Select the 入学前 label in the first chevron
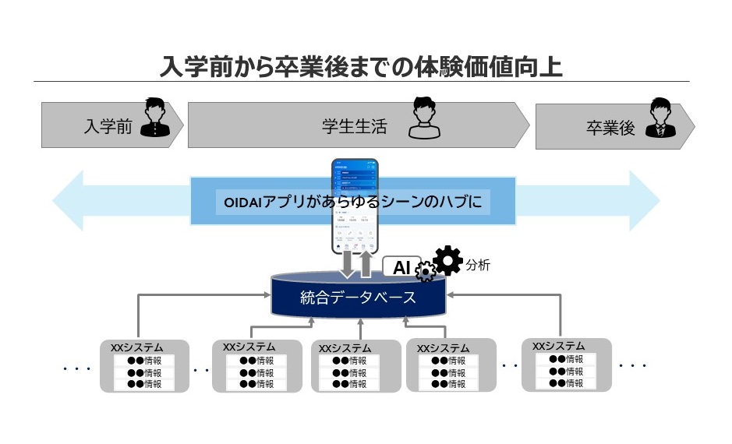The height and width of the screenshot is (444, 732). click(x=108, y=127)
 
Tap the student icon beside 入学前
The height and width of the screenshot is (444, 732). click(x=155, y=118)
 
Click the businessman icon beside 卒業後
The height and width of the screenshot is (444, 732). click(x=661, y=118)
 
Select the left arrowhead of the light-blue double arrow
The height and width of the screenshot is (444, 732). click(x=69, y=200)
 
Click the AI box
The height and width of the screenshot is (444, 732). click(x=401, y=267)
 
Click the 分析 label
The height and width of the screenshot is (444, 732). click(x=478, y=266)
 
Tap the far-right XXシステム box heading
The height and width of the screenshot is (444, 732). click(x=558, y=345)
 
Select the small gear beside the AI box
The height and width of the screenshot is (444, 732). click(x=426, y=272)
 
